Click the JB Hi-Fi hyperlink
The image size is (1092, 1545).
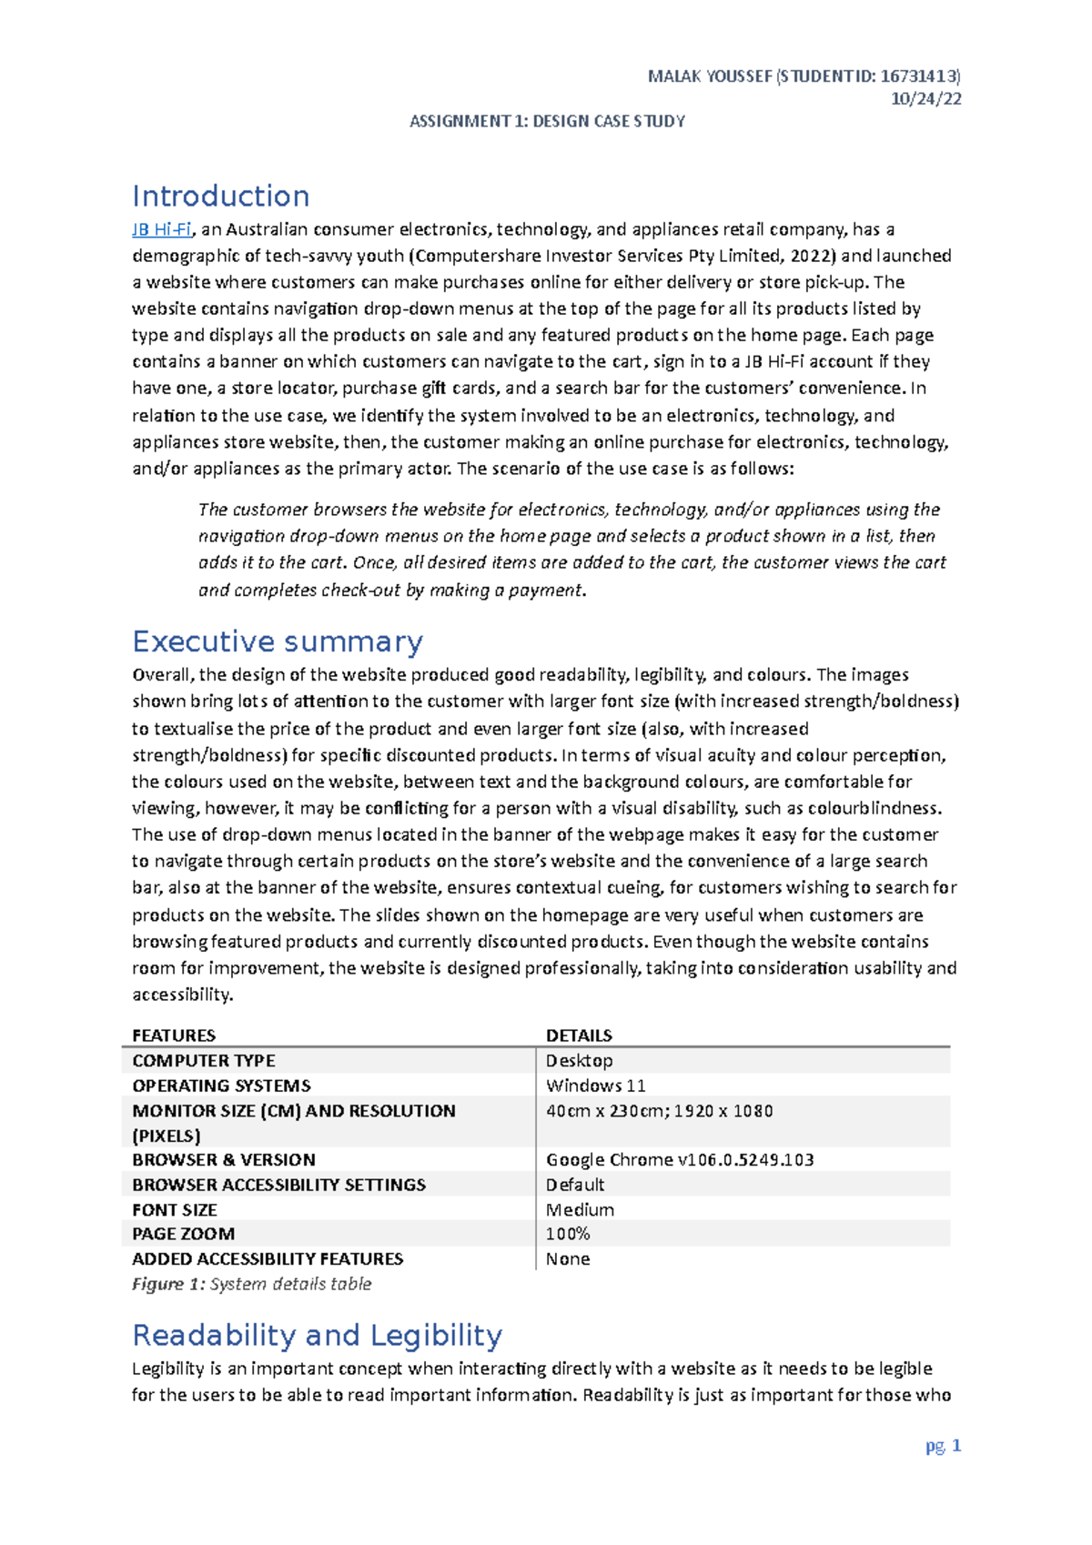coord(161,229)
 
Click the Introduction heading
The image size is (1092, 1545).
coord(220,196)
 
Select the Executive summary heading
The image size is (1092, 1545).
coord(277,641)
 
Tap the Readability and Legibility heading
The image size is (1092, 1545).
coord(317,1335)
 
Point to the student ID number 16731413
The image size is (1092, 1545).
coord(919,76)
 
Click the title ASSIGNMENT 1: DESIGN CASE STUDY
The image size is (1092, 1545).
coord(547,121)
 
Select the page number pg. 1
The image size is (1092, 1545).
coord(943,1446)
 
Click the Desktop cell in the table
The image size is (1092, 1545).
coord(579,1061)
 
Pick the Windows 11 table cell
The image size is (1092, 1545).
coord(595,1086)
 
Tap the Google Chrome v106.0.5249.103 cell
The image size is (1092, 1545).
coord(679,1160)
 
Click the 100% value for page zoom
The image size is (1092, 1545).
coord(568,1234)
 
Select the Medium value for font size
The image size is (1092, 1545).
coord(580,1210)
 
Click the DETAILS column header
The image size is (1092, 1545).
coord(579,1035)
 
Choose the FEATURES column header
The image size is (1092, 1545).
coord(174,1035)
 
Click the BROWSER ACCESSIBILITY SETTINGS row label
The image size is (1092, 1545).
coord(278,1185)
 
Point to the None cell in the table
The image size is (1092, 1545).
coord(568,1259)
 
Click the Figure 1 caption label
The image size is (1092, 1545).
coord(169,1284)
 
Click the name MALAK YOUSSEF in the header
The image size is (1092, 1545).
coord(709,76)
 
